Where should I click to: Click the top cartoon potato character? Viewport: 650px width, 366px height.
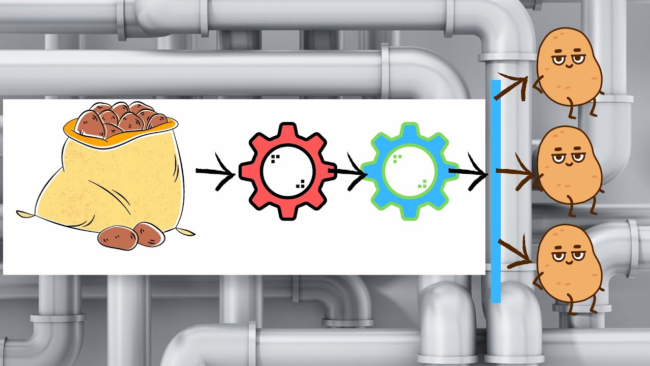click(x=569, y=66)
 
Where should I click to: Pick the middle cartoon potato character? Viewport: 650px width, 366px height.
click(x=569, y=165)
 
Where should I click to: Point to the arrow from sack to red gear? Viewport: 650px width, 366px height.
click(x=216, y=173)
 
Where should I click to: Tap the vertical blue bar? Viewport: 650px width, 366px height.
click(x=496, y=191)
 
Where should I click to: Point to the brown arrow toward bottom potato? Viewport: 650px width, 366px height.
click(x=515, y=254)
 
